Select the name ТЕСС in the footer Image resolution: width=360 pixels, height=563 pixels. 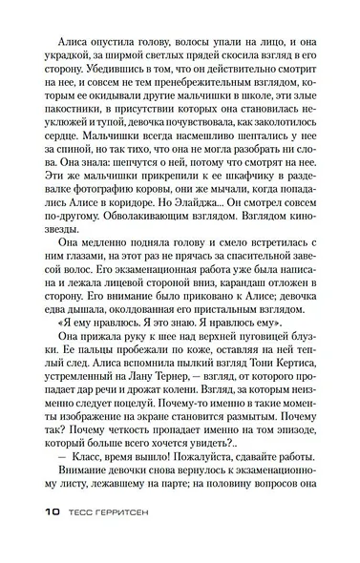pyautogui.click(x=82, y=537)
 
